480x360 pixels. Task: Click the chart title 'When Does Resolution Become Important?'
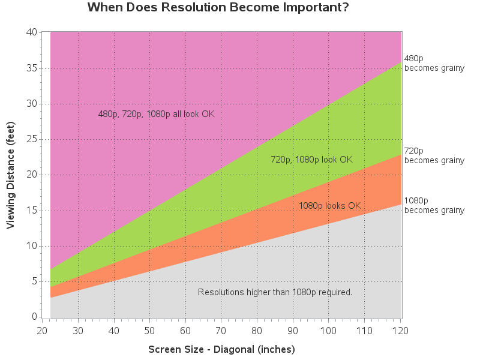[x=218, y=7]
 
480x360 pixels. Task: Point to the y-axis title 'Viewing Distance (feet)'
[x=10, y=175]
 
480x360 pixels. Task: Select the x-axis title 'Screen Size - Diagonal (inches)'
[x=221, y=349]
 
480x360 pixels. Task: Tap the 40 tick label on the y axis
[x=32, y=32]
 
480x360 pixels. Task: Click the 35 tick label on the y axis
[x=32, y=68]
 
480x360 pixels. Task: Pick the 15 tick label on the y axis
[x=32, y=211]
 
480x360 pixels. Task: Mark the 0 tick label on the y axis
[x=35, y=317]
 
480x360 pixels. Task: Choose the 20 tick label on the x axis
[x=42, y=331]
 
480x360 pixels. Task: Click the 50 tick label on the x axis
[x=149, y=331]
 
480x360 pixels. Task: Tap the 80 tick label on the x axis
[x=257, y=331]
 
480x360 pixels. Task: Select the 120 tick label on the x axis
[x=400, y=331]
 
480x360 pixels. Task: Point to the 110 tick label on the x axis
[x=364, y=331]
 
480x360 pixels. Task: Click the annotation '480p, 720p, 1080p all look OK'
[x=156, y=114]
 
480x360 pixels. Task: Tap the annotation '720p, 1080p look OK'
[x=311, y=160]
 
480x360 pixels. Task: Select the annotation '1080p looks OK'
[x=330, y=206]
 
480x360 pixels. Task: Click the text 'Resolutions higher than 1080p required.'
[x=275, y=292]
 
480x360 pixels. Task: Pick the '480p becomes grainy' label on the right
[x=434, y=63]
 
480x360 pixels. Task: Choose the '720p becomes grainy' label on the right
[x=434, y=155]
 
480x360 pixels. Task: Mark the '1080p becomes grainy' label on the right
[x=434, y=205]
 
